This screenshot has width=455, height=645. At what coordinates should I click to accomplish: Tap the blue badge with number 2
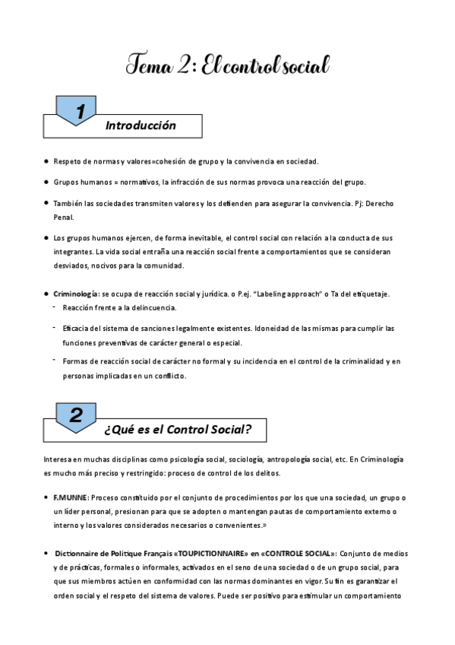(x=76, y=415)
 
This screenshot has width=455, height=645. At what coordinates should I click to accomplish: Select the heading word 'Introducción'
(x=141, y=126)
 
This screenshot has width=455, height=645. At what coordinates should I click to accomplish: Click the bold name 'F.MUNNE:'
(x=71, y=497)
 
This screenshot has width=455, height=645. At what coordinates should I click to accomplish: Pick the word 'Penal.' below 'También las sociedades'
(x=65, y=217)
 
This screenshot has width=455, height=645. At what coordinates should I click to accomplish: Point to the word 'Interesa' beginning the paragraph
(x=60, y=459)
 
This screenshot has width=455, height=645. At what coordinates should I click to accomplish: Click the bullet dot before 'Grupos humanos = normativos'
(x=46, y=183)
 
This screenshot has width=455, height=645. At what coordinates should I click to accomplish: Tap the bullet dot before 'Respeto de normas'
(x=46, y=161)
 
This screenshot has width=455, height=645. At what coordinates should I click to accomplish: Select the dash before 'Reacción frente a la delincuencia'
(x=55, y=307)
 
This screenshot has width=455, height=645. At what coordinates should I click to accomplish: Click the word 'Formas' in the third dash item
(x=77, y=361)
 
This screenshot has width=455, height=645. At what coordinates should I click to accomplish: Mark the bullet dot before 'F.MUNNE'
(x=46, y=497)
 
